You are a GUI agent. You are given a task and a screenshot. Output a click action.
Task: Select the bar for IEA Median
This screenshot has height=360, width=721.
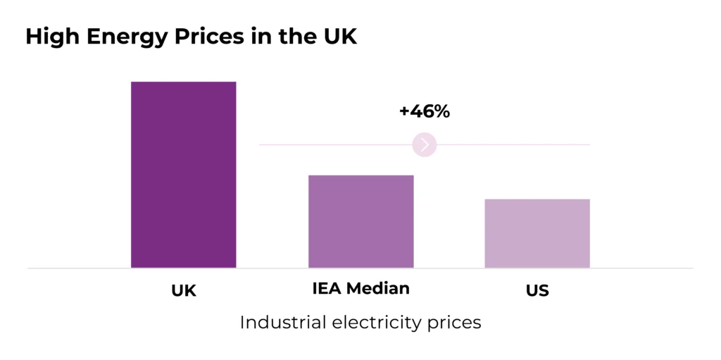pos(360,221)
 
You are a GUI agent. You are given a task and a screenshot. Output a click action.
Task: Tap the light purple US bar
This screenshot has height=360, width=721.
pos(537,233)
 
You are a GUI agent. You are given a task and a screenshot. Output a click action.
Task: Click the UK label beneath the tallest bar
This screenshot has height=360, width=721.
pos(183,290)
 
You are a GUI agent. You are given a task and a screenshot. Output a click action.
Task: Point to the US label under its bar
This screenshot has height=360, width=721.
pos(537,290)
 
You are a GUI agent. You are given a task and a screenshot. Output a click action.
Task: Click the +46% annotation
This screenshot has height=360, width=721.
pos(424,111)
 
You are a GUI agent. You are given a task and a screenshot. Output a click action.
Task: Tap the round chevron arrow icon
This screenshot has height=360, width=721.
pos(425,144)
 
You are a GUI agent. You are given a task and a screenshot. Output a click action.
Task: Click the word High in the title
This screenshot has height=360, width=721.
pos(51,37)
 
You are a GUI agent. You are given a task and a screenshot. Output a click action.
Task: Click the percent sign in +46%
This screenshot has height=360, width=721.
pos(441,111)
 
